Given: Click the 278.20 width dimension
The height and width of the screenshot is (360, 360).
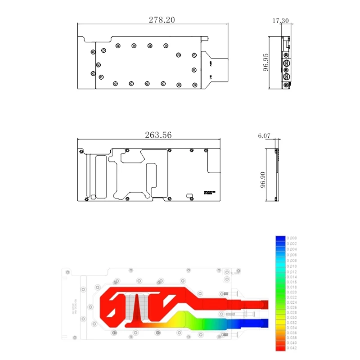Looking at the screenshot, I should [x=162, y=20].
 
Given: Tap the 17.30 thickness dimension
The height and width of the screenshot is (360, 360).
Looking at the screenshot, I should [x=280, y=21].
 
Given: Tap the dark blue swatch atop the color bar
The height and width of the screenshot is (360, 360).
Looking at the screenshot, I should [x=280, y=238].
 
